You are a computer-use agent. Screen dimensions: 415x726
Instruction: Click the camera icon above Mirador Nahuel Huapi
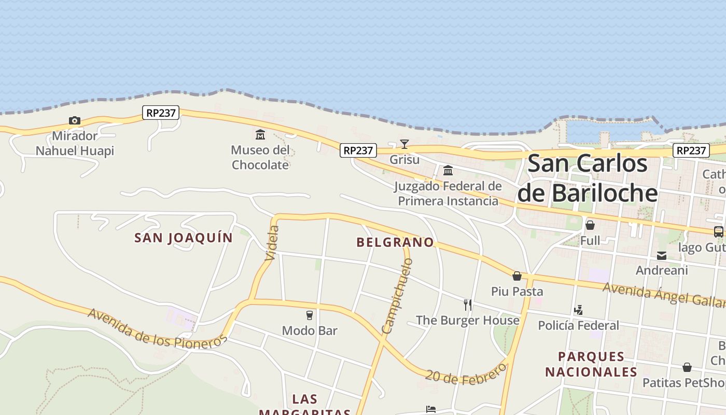[x=75, y=121]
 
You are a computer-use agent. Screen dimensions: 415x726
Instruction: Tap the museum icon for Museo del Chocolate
[x=260, y=135]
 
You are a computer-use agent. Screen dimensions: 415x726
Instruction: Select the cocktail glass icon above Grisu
[x=404, y=144]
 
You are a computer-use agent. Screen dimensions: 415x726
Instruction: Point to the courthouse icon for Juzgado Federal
[x=448, y=170]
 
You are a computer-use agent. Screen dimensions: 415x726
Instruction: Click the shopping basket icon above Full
[x=590, y=225]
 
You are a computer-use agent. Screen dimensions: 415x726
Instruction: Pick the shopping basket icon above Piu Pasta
[x=517, y=276]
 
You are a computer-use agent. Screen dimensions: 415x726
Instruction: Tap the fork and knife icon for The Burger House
[x=468, y=305]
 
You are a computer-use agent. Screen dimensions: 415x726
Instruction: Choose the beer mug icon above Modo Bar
[x=310, y=315]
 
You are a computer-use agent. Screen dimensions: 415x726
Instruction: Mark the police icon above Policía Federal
[x=579, y=310]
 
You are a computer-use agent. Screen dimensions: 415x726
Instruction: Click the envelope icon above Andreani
[x=662, y=255]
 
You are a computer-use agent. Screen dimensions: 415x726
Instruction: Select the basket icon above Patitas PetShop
[x=687, y=368]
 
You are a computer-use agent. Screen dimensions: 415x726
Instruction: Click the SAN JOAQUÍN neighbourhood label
[x=184, y=238]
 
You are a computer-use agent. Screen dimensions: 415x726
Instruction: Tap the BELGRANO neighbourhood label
[x=395, y=242]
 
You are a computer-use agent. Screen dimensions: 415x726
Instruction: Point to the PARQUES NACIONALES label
[x=591, y=364]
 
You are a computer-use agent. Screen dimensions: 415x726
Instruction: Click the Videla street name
[x=272, y=243]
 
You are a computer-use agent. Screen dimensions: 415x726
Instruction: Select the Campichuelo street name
[x=397, y=296]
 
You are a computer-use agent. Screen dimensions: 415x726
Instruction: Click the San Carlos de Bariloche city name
[x=588, y=178]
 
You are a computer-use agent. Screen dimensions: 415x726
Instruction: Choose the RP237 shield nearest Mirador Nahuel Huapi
[x=161, y=113]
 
